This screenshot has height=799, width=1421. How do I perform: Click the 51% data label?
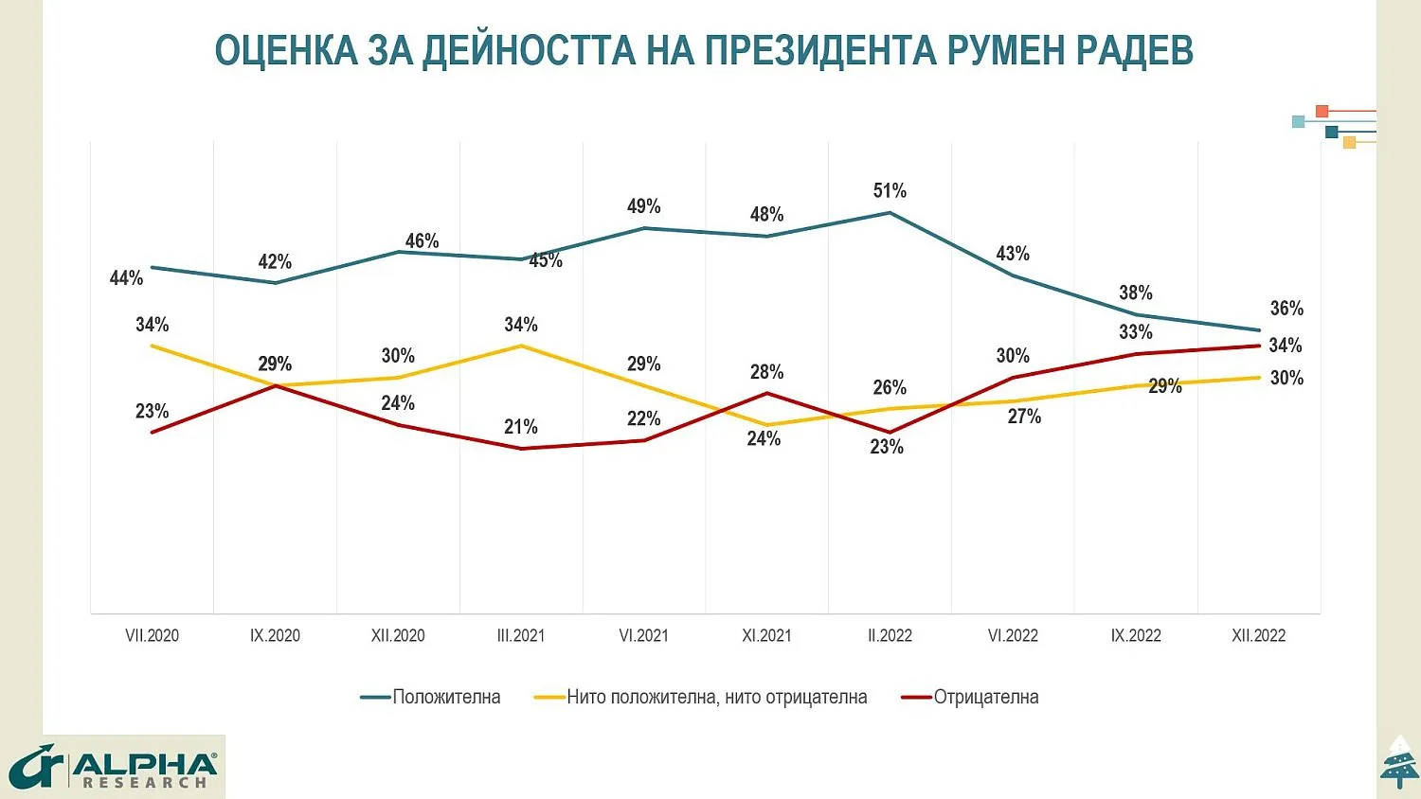[x=890, y=191]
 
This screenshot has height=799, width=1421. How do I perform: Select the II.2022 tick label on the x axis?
[x=890, y=636]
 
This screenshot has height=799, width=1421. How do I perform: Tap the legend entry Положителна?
[x=445, y=698]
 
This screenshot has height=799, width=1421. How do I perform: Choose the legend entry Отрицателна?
[x=985, y=698]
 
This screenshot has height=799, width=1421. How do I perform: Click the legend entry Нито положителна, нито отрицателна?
[x=716, y=698]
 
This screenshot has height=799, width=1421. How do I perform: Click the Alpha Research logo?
[x=114, y=767]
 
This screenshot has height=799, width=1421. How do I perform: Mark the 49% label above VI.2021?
[x=644, y=206]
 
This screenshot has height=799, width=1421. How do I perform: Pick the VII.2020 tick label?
[x=152, y=636]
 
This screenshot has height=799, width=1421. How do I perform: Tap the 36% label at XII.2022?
[x=1286, y=309]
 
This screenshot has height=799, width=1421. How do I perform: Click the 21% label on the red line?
[x=521, y=427]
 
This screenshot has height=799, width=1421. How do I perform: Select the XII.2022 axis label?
[x=1258, y=636]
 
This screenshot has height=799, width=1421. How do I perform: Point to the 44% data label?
[x=126, y=278]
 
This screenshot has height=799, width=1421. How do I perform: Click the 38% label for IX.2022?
[x=1136, y=293]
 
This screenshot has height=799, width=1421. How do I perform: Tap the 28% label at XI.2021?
[x=766, y=372]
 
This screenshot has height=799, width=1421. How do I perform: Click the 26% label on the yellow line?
[x=890, y=387]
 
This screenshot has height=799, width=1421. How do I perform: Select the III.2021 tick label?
[x=521, y=636]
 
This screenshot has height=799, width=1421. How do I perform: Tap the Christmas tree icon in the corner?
[x=1399, y=762]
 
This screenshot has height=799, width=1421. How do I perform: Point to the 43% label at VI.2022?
[x=1013, y=254]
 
